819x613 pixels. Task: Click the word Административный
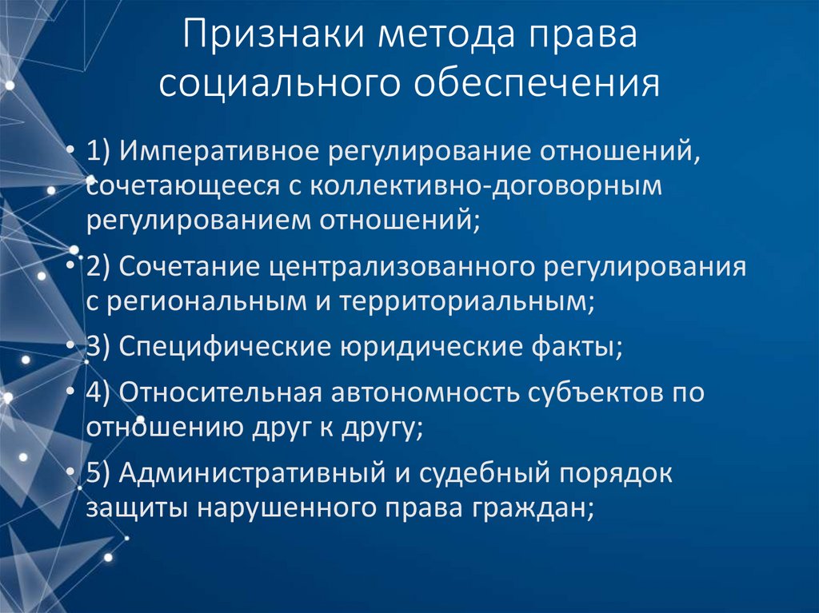[254, 474]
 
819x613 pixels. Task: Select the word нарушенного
[314, 508]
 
